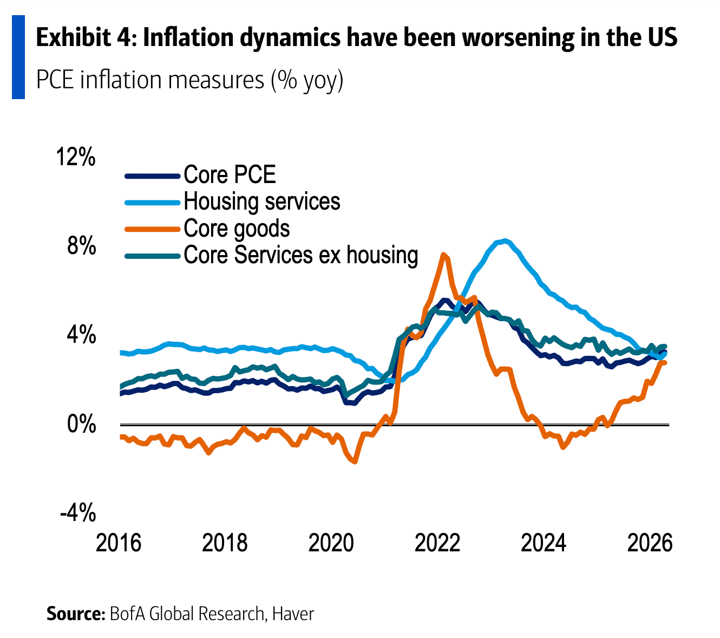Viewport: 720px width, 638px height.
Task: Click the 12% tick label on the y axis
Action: pyautogui.click(x=76, y=157)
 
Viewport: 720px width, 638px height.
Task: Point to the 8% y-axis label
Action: pyautogui.click(x=82, y=245)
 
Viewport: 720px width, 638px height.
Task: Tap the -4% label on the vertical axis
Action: pyautogui.click(x=78, y=512)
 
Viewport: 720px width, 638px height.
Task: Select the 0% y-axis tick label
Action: pyautogui.click(x=82, y=424)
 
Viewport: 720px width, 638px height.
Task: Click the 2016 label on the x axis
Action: pyautogui.click(x=119, y=543)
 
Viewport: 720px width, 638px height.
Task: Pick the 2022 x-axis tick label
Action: pyautogui.click(x=437, y=543)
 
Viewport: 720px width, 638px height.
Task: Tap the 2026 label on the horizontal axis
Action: pyautogui.click(x=650, y=543)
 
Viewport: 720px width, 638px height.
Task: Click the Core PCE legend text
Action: pyautogui.click(x=230, y=174)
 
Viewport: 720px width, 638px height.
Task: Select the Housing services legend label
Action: pyautogui.click(x=262, y=201)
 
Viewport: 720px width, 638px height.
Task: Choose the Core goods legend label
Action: pyautogui.click(x=237, y=229)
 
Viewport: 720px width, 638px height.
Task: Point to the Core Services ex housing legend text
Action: pyautogui.click(x=300, y=255)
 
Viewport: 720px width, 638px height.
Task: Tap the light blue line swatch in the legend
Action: pyautogui.click(x=153, y=203)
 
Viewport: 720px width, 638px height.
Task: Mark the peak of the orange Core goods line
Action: pyautogui.click(x=443, y=255)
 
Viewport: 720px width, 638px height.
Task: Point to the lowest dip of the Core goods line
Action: pyautogui.click(x=354, y=461)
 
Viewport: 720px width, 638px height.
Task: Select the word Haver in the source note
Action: pyautogui.click(x=293, y=614)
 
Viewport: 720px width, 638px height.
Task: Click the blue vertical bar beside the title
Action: pyautogui.click(x=18, y=57)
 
